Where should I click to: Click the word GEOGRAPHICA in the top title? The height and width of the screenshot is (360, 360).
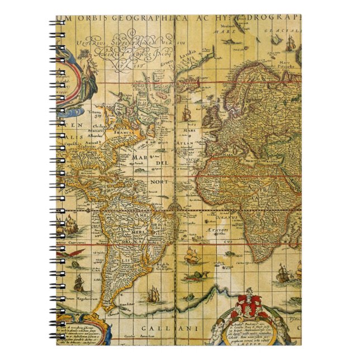point(146,18)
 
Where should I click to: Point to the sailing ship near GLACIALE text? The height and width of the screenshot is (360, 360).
point(290,43)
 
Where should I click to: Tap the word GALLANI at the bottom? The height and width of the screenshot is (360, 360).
point(150,328)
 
